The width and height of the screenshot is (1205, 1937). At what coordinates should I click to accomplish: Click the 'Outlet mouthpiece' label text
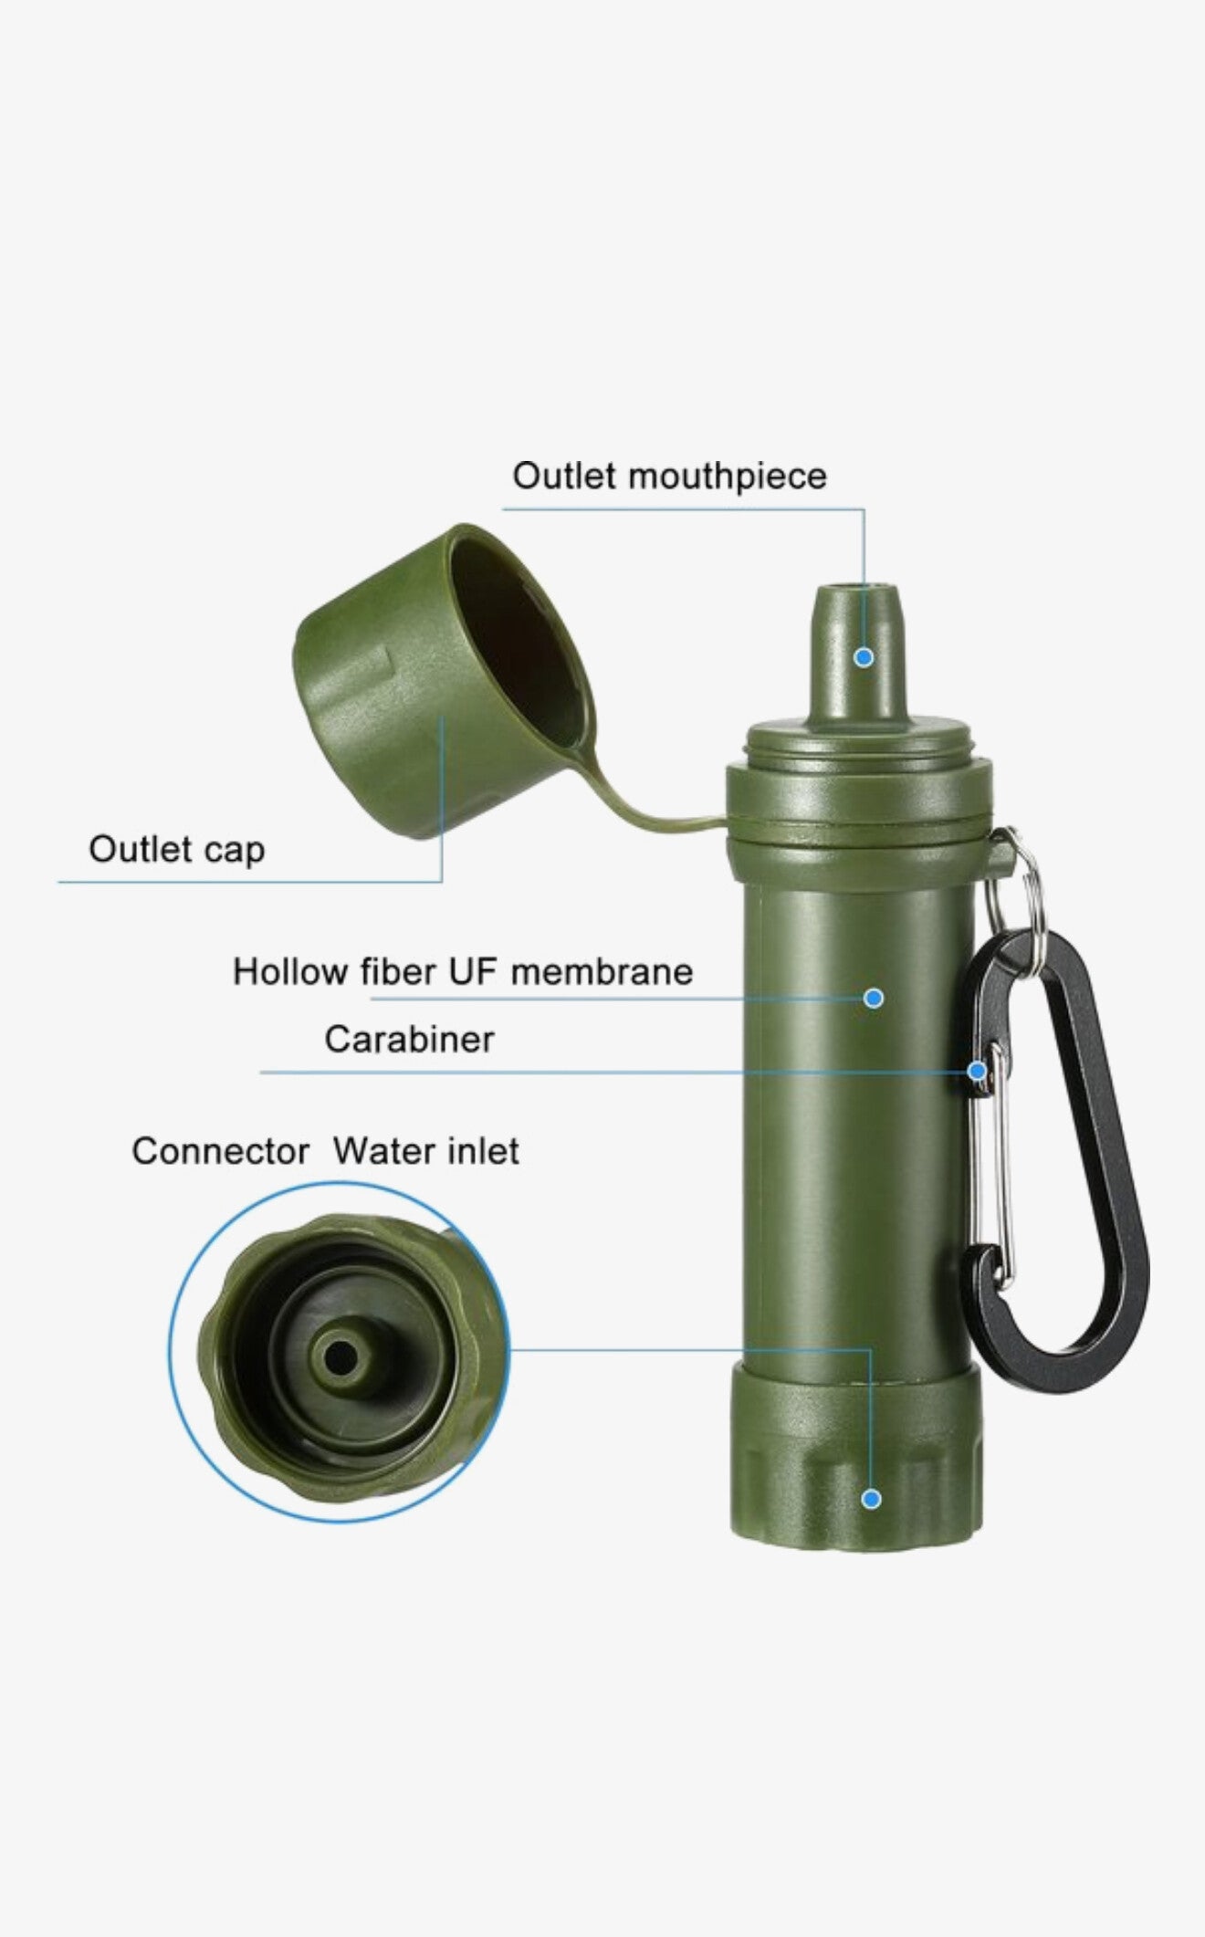(x=669, y=476)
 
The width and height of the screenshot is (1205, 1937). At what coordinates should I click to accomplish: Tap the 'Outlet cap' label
(x=176, y=850)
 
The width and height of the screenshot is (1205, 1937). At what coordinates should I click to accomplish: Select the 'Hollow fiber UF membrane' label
(x=463, y=972)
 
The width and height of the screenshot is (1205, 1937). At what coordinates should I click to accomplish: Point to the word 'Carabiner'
(x=409, y=1040)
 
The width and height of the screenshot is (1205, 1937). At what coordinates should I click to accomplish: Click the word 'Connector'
(x=221, y=1151)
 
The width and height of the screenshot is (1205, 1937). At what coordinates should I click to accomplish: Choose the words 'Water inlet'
(x=426, y=1151)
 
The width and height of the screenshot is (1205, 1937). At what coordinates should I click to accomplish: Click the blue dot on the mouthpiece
(x=864, y=657)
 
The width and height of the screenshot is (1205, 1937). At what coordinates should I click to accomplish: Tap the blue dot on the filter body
(x=874, y=998)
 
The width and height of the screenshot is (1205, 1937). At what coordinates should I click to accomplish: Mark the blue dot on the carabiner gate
(x=978, y=1071)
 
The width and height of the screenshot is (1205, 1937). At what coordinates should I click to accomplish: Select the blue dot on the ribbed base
(x=871, y=1499)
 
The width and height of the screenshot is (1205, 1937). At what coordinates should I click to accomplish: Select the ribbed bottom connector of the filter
(x=856, y=1470)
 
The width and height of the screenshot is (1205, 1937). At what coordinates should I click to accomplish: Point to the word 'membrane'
(x=602, y=972)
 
